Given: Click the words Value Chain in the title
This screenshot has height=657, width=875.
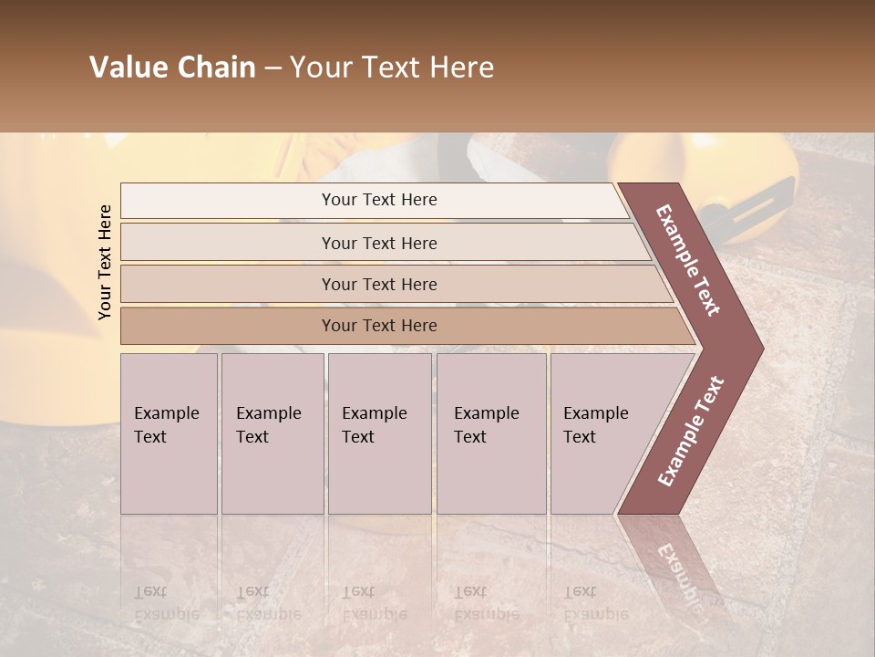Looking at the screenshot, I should [172, 68].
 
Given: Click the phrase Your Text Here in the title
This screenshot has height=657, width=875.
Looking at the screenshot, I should [392, 68].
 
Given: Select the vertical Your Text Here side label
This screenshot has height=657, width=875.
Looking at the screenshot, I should [105, 262].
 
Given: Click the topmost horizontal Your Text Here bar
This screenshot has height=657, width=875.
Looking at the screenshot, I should [379, 200].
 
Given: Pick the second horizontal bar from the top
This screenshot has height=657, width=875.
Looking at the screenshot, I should [379, 243].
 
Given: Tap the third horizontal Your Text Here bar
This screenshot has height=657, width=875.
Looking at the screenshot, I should [379, 284].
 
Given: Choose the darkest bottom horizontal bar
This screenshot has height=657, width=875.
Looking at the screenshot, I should [379, 326].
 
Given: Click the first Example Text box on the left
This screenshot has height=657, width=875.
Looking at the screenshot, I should [169, 433].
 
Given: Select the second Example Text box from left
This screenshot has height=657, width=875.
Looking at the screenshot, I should [272, 433].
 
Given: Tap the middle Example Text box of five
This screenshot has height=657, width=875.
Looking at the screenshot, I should [379, 433].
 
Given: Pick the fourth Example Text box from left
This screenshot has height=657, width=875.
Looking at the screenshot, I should [491, 433].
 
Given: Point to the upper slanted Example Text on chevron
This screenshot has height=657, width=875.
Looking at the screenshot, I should [689, 260].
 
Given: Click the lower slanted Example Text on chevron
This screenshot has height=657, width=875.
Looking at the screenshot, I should [690, 432].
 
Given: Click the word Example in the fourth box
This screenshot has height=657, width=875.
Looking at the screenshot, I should [486, 413].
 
